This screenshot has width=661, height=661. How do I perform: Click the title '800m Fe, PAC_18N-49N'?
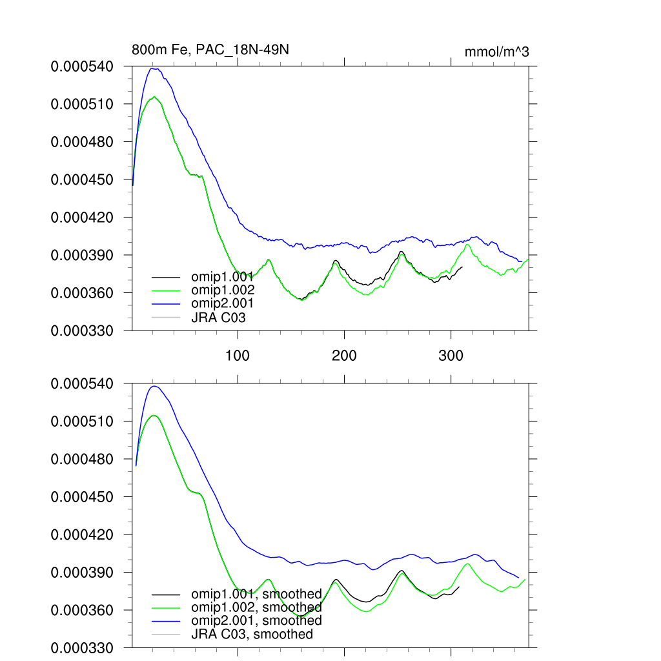205,50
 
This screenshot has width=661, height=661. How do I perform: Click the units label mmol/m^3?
496,52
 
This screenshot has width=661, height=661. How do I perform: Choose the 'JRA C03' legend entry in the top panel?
218,317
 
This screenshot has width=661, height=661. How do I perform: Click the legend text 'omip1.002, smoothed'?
256,607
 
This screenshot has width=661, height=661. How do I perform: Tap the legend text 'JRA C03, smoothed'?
252,634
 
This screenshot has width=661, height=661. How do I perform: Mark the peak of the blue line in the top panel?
153,68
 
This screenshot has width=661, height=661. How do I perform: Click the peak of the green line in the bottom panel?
154,415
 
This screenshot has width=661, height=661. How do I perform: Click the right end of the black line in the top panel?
462,267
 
